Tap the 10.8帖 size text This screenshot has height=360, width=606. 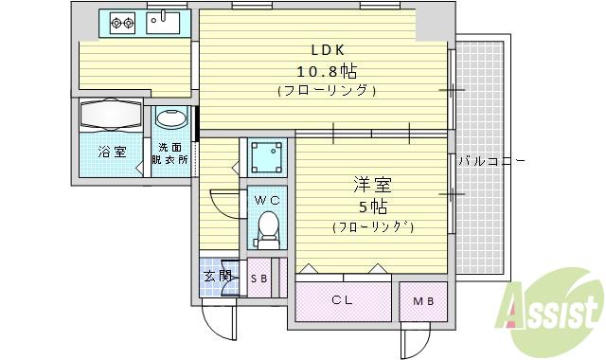(x=323, y=71)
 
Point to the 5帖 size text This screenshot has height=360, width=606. (x=370, y=207)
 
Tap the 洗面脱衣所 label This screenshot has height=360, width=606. (x=171, y=153)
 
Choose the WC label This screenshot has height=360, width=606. (x=266, y=200)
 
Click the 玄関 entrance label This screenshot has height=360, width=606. (x=217, y=277)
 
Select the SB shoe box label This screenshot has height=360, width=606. (x=258, y=279)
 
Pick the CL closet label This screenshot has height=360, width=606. (x=342, y=302)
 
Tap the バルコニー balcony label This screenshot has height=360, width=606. (x=490, y=161)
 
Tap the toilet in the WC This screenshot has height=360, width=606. (x=268, y=227)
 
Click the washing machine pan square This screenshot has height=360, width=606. (x=267, y=156)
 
